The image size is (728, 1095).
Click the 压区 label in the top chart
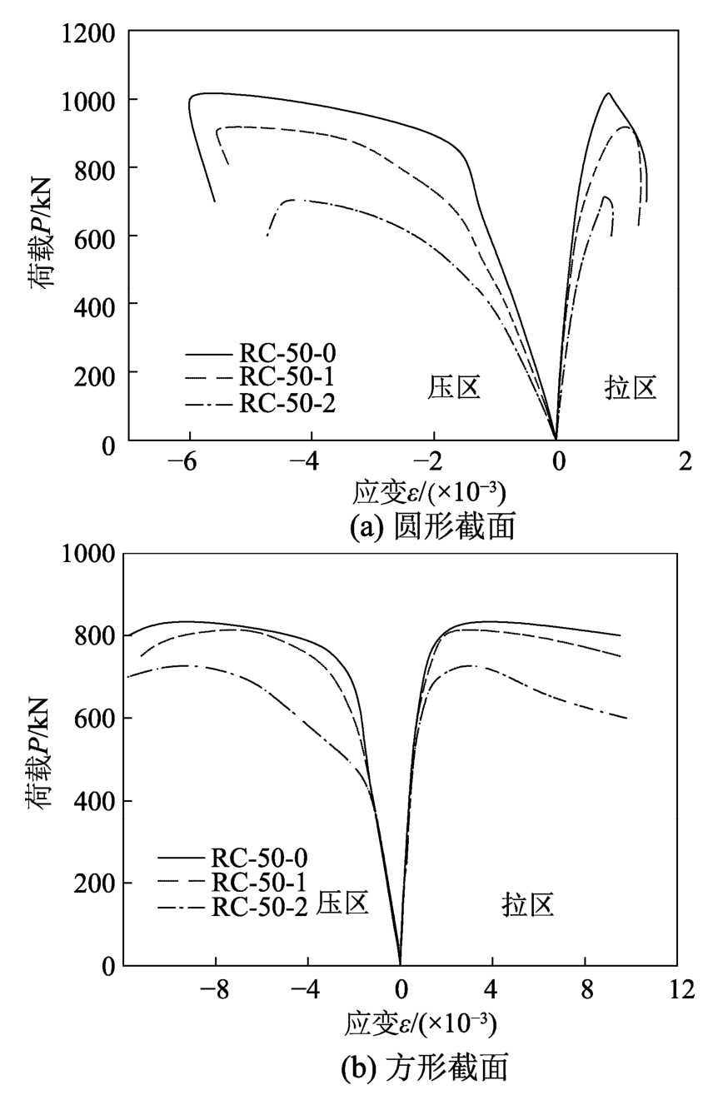(x=455, y=387)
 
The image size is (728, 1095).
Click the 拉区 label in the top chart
(x=631, y=387)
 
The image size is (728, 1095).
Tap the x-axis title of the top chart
(x=429, y=492)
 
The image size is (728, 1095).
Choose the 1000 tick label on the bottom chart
(x=87, y=555)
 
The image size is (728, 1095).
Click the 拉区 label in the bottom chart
(x=528, y=905)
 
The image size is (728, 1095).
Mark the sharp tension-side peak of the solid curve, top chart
(x=608, y=93)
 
